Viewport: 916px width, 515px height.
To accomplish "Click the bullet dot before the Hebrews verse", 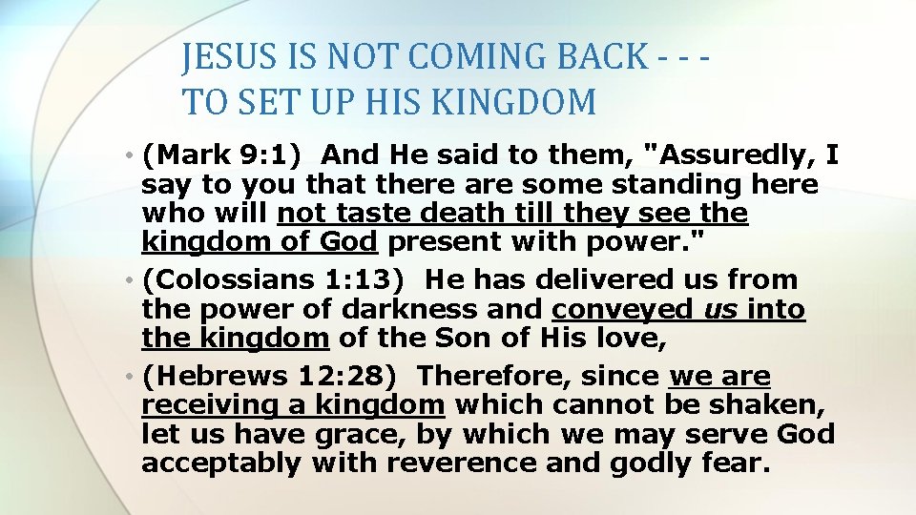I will (129, 378).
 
